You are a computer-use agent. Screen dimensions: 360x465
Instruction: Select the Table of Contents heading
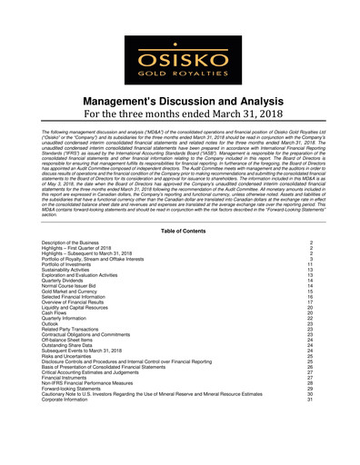[x=179, y=232]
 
